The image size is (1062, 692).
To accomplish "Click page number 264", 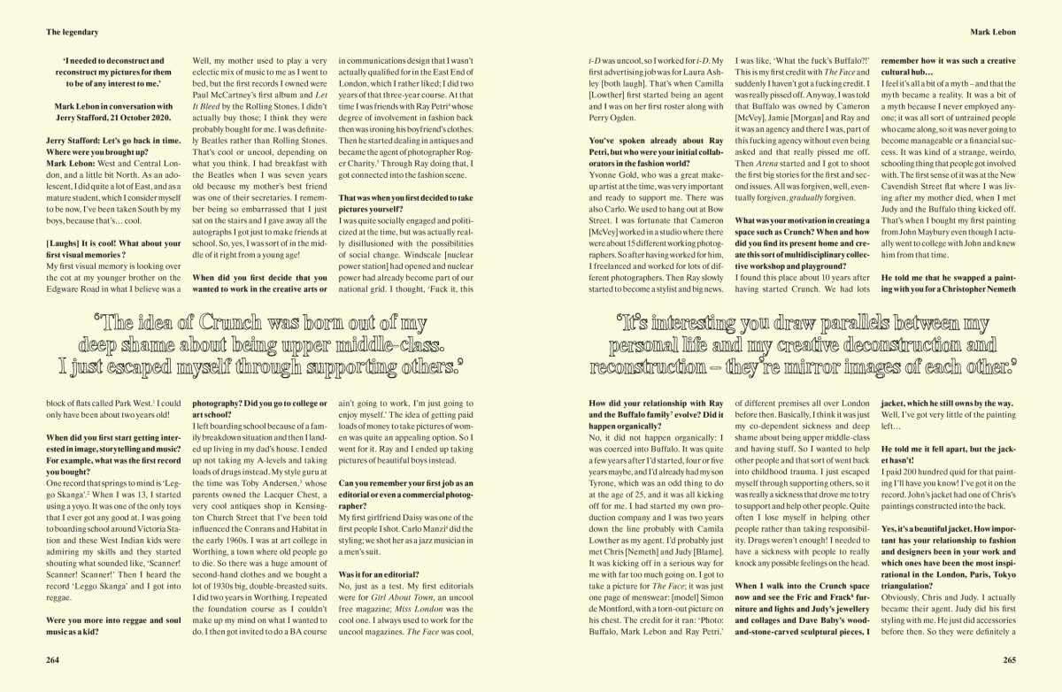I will (54, 659).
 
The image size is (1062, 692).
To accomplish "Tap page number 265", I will (1008, 659).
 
